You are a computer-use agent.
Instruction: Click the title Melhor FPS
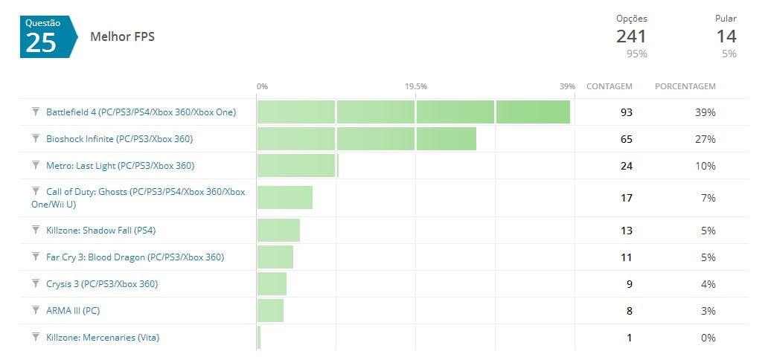(x=122, y=36)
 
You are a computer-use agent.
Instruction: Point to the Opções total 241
(x=631, y=36)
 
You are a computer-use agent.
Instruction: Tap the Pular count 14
(x=726, y=36)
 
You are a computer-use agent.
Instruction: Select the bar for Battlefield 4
(x=413, y=112)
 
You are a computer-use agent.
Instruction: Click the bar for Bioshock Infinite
(x=366, y=139)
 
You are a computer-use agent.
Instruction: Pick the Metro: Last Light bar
(x=297, y=166)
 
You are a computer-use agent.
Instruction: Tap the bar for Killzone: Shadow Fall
(x=278, y=231)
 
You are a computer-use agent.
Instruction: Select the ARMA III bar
(x=270, y=311)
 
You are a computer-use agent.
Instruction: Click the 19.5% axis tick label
(x=416, y=86)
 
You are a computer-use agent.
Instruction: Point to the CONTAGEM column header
(x=610, y=86)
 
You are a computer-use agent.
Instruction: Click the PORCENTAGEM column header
(x=685, y=86)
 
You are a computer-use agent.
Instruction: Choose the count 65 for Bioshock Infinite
(x=626, y=139)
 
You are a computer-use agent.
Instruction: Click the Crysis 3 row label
(x=102, y=284)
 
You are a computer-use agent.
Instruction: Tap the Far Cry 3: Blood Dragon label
(x=135, y=257)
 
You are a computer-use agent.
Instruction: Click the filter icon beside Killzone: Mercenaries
(x=35, y=337)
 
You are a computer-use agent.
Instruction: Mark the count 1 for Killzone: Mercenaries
(x=629, y=338)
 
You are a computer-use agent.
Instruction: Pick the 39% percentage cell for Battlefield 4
(x=705, y=112)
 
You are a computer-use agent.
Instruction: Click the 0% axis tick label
(x=262, y=86)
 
